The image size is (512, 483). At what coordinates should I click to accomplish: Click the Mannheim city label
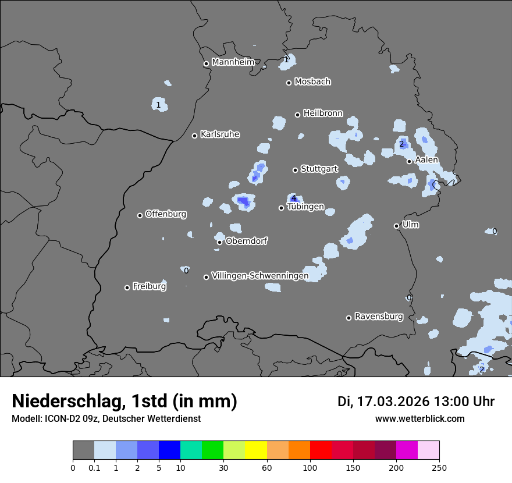pos(233,62)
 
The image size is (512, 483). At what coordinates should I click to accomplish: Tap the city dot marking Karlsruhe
pos(195,136)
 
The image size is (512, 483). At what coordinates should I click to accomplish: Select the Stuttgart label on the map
pos(319,169)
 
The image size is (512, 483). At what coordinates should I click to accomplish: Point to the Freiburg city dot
pos(127,287)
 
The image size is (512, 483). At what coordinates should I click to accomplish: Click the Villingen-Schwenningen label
pos(260,276)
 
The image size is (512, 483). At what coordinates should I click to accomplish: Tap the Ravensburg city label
pos(378,317)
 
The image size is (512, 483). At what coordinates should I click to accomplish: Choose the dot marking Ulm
pos(396,226)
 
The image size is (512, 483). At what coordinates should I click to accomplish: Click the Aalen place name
pos(426,159)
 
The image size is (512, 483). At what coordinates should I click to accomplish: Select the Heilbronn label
pos(323,113)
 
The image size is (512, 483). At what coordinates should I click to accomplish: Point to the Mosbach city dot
pos(289,83)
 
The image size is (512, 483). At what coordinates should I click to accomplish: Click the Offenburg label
pos(166,214)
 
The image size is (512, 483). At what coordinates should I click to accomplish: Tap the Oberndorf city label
pos(246,241)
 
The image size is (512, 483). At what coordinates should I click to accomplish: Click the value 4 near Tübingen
pos(294,198)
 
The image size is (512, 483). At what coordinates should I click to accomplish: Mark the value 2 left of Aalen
pos(401,144)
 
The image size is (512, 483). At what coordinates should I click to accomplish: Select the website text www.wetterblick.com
pos(419,419)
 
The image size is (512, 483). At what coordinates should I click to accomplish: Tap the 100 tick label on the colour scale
pos(310,467)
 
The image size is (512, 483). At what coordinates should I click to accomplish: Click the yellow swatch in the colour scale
pos(256,450)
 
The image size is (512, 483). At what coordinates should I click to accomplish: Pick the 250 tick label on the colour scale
pos(439,467)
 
